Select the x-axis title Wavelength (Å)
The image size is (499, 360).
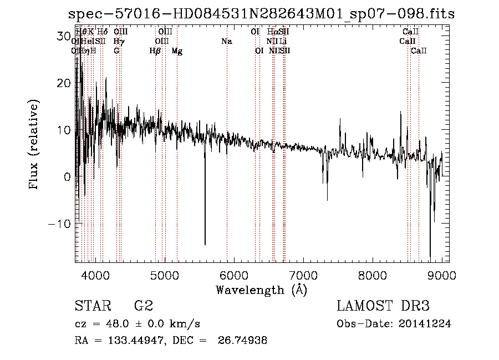point(261,290)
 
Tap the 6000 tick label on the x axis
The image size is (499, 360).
point(233,275)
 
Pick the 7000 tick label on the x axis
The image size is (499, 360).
point(303,275)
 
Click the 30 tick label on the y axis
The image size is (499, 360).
point(64,36)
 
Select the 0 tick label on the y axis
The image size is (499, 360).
point(67,177)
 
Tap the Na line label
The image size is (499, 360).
point(226,42)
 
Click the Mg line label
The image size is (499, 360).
point(177,51)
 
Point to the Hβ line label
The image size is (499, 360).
point(155,51)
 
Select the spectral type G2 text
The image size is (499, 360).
point(144,306)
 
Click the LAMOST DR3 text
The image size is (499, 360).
point(383,306)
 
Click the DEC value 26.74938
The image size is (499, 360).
point(245,341)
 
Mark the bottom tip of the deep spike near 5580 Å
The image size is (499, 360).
point(205,245)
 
